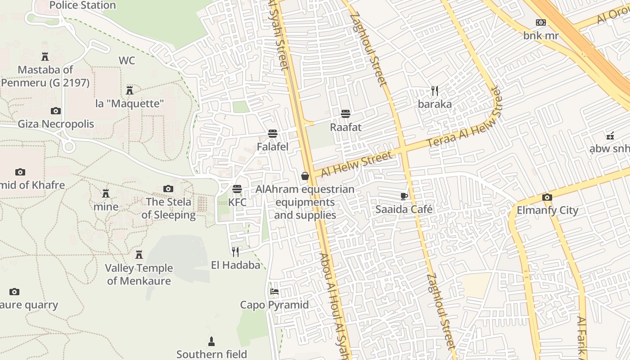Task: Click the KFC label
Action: pyautogui.click(x=237, y=202)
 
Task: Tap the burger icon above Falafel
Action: pyautogui.click(x=272, y=134)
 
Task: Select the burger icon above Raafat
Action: pyautogui.click(x=346, y=114)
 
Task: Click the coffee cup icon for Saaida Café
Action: pyautogui.click(x=404, y=196)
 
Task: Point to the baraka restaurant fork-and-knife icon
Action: pyautogui.click(x=435, y=91)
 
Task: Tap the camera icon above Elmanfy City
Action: pyautogui.click(x=547, y=197)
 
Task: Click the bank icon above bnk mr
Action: pyautogui.click(x=540, y=22)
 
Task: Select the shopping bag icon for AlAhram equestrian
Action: pyautogui.click(x=305, y=176)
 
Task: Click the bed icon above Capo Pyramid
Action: pyautogui.click(x=274, y=292)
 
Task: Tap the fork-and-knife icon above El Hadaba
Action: pyautogui.click(x=235, y=252)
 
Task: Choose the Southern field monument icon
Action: pyautogui.click(x=211, y=341)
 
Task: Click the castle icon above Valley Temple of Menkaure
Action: pyautogui.click(x=139, y=255)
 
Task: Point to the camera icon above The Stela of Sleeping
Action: pyautogui.click(x=168, y=189)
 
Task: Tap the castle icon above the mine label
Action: pyautogui.click(x=106, y=193)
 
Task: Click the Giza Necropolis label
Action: pyautogui.click(x=56, y=124)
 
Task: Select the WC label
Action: pyautogui.click(x=127, y=61)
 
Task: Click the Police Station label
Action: pyautogui.click(x=82, y=5)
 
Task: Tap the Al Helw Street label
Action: pyautogui.click(x=356, y=165)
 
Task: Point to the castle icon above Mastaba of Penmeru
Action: pyautogui.click(x=45, y=57)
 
